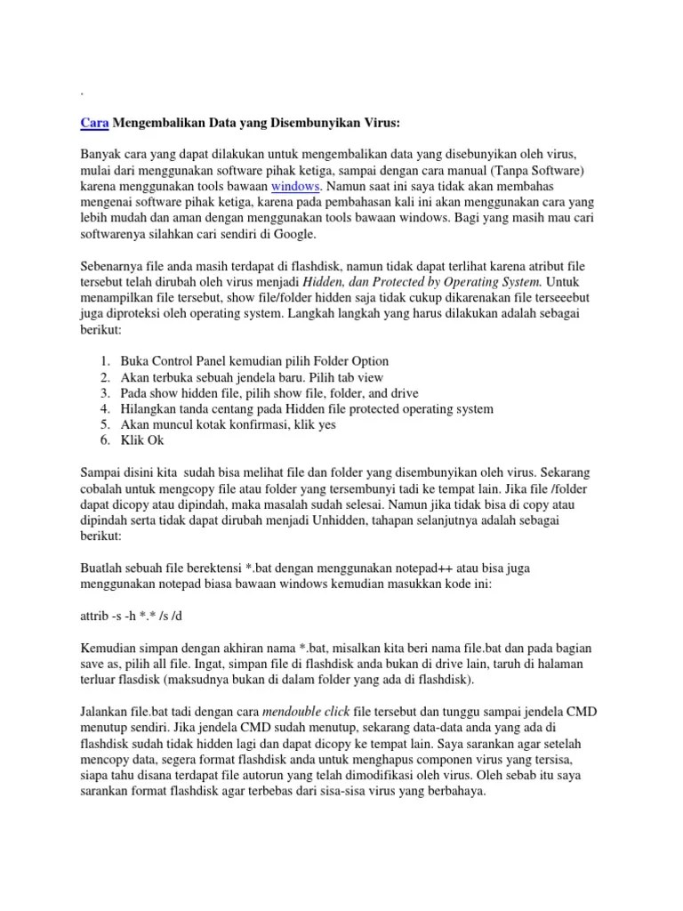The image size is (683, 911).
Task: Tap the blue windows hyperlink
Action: point(295,186)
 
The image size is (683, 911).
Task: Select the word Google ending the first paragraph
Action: point(289,234)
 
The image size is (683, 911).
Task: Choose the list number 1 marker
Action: point(105,361)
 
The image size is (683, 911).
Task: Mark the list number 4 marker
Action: point(105,409)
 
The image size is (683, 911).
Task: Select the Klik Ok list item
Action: point(142,440)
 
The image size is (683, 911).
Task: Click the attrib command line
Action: point(133,617)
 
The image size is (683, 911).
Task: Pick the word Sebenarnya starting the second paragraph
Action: point(116,266)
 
